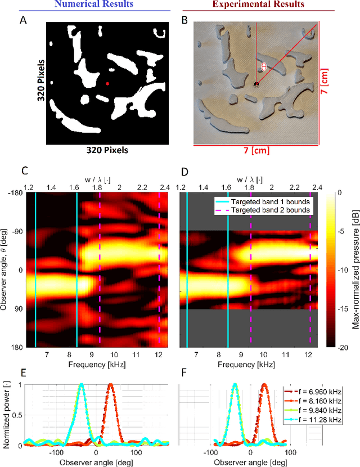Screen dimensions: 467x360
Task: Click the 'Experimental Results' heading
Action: tap(258, 5)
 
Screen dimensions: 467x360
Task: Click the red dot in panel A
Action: tap(107, 84)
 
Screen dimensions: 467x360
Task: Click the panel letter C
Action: tap(24, 170)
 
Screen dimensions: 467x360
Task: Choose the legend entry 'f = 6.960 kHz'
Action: tap(320, 392)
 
